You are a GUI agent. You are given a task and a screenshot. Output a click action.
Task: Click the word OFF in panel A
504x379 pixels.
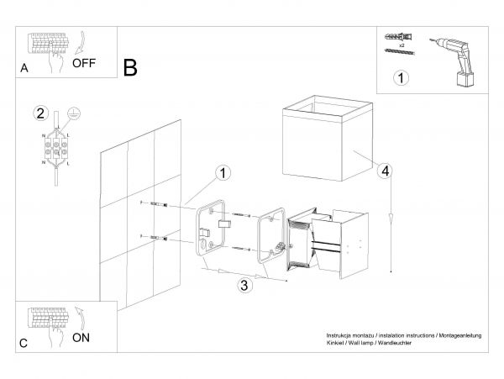coord(85,62)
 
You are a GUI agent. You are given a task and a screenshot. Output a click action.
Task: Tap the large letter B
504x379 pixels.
coord(130,68)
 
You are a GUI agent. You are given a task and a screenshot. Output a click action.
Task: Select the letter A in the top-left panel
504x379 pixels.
coord(24,71)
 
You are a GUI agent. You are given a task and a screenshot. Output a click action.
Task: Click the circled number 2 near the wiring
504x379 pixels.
coord(39,113)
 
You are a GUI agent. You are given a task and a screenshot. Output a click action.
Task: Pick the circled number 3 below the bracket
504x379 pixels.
coord(243,284)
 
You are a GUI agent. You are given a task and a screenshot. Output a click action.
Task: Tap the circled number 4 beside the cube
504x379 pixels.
coord(384,171)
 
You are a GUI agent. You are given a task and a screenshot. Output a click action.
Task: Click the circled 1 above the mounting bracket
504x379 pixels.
coord(223,173)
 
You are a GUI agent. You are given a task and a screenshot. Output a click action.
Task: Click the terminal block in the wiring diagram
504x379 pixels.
coord(56,148)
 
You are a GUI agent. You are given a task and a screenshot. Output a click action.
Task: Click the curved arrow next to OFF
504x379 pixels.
coord(81,39)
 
